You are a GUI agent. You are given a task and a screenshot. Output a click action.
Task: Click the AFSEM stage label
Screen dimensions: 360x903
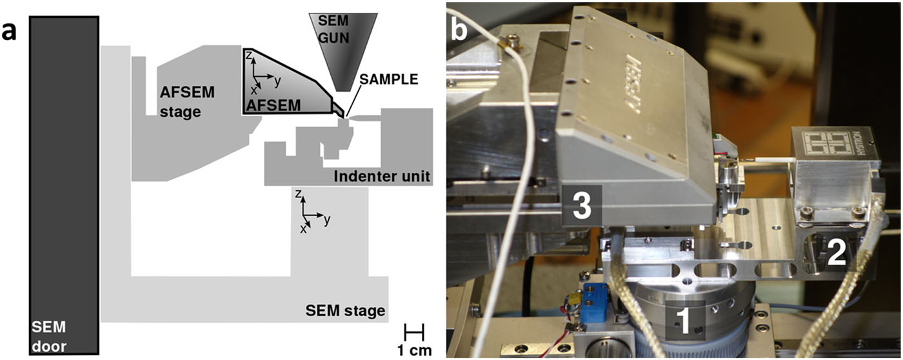(187, 101)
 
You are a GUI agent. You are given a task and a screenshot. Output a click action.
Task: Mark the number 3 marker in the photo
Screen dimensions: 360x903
(582, 208)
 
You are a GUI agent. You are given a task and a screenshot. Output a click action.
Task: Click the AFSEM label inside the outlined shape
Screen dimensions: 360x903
(274, 103)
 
